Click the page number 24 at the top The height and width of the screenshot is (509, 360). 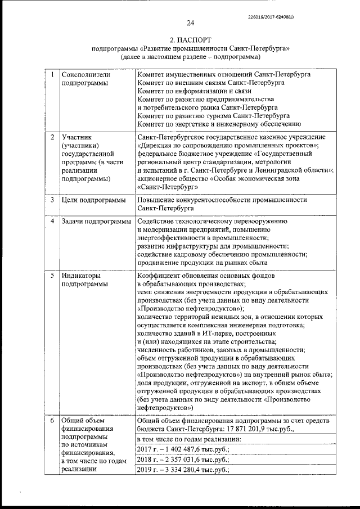pyautogui.click(x=190, y=23)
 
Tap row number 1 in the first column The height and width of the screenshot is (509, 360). pyautogui.click(x=52, y=74)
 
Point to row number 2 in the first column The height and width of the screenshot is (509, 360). pyautogui.click(x=52, y=137)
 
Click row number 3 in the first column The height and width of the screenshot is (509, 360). pyautogui.click(x=52, y=200)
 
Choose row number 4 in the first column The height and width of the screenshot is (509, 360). pyautogui.click(x=52, y=222)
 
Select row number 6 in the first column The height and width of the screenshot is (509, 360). pyautogui.click(x=52, y=420)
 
